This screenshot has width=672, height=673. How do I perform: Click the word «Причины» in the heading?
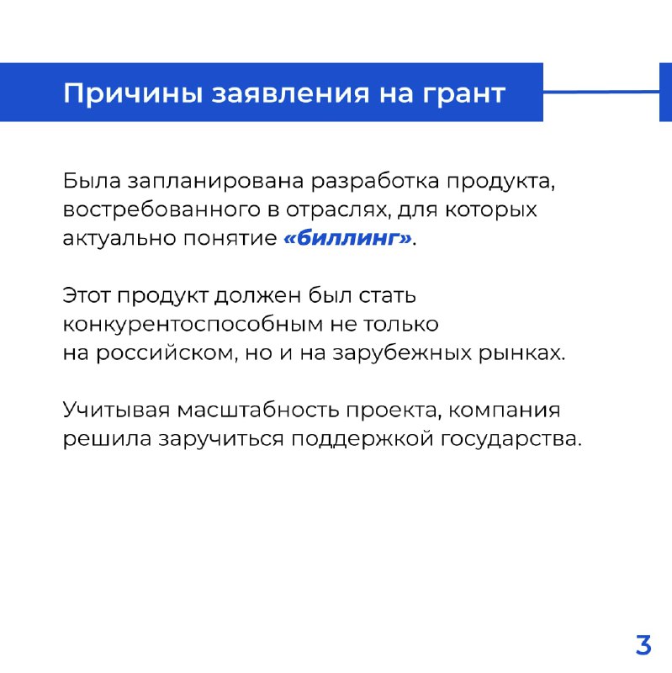coord(133,93)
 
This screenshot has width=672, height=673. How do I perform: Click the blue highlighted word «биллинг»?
coord(347,238)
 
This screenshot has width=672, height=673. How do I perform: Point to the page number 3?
coord(643,644)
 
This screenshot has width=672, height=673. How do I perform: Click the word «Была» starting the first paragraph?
coord(92,181)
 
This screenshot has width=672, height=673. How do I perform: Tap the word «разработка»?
coord(375,182)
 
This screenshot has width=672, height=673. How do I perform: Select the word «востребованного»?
coord(161,209)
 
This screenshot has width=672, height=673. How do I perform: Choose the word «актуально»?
coord(119,238)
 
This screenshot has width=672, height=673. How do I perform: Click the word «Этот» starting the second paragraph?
coord(87,296)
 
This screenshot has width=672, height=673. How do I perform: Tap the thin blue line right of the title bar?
coord(601,92)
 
